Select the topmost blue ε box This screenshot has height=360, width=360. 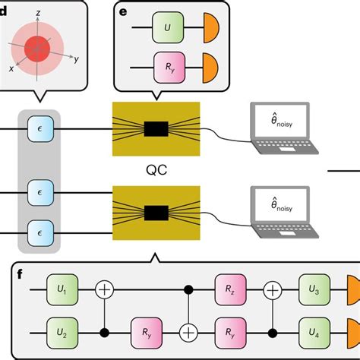39,129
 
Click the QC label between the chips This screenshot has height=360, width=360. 156,172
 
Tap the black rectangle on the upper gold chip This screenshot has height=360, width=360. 156,129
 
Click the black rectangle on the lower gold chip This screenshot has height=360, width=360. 156,212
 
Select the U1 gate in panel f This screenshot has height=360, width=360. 63,289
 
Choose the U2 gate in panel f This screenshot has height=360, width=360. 63,332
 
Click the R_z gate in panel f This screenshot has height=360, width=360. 230,289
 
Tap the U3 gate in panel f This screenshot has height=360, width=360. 314,289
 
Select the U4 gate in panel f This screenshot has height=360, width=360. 314,332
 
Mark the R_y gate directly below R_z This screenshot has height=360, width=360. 230,332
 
